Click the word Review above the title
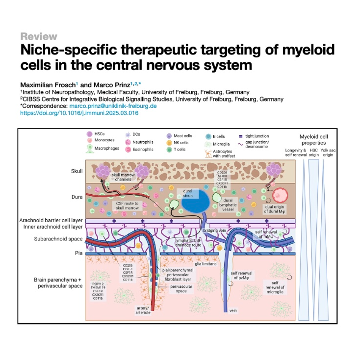point(39,36)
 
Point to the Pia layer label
point(72,254)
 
